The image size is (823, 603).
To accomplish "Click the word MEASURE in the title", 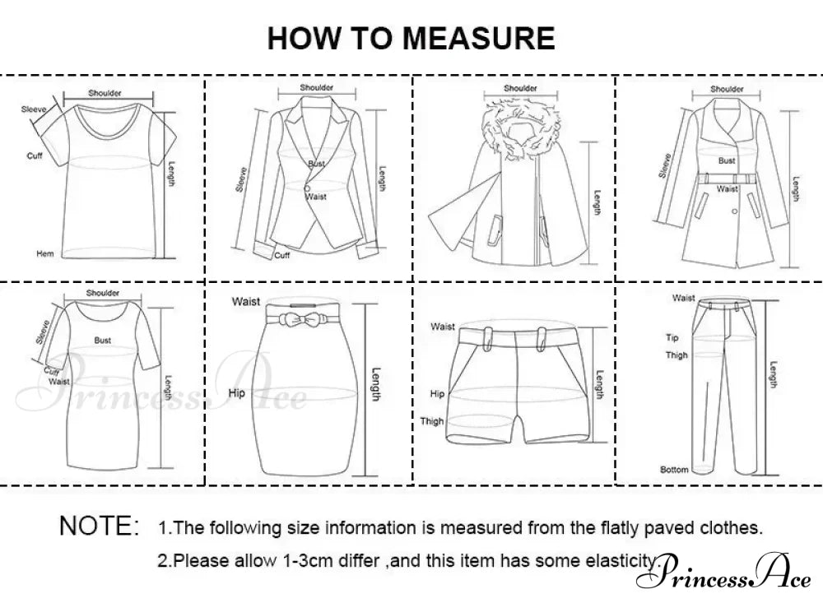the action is point(478,38).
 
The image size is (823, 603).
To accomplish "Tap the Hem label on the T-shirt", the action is point(45,253).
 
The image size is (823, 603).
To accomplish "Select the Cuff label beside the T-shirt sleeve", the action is point(35,155).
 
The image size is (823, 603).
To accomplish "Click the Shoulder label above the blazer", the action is point(317,88).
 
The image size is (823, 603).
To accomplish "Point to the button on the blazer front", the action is point(307,188).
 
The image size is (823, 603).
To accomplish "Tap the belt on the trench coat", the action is point(727,179).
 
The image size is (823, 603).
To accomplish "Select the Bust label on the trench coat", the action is point(727,160).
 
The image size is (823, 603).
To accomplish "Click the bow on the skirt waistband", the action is point(298,318).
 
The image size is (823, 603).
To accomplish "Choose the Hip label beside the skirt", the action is point(236,392).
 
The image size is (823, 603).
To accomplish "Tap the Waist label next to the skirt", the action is point(245,302).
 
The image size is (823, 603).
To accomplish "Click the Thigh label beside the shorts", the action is point(431,421).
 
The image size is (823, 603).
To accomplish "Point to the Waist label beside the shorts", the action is point(443,327).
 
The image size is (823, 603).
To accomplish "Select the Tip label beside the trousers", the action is point(672,337).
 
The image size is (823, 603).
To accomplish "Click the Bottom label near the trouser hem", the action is point(675,469).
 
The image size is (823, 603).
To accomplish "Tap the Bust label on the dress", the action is point(102,340).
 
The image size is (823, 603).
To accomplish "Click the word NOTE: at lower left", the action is point(100,526).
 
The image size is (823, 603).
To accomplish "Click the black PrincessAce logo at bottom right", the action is point(723,572).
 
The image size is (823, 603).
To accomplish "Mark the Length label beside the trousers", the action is point(773,374).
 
